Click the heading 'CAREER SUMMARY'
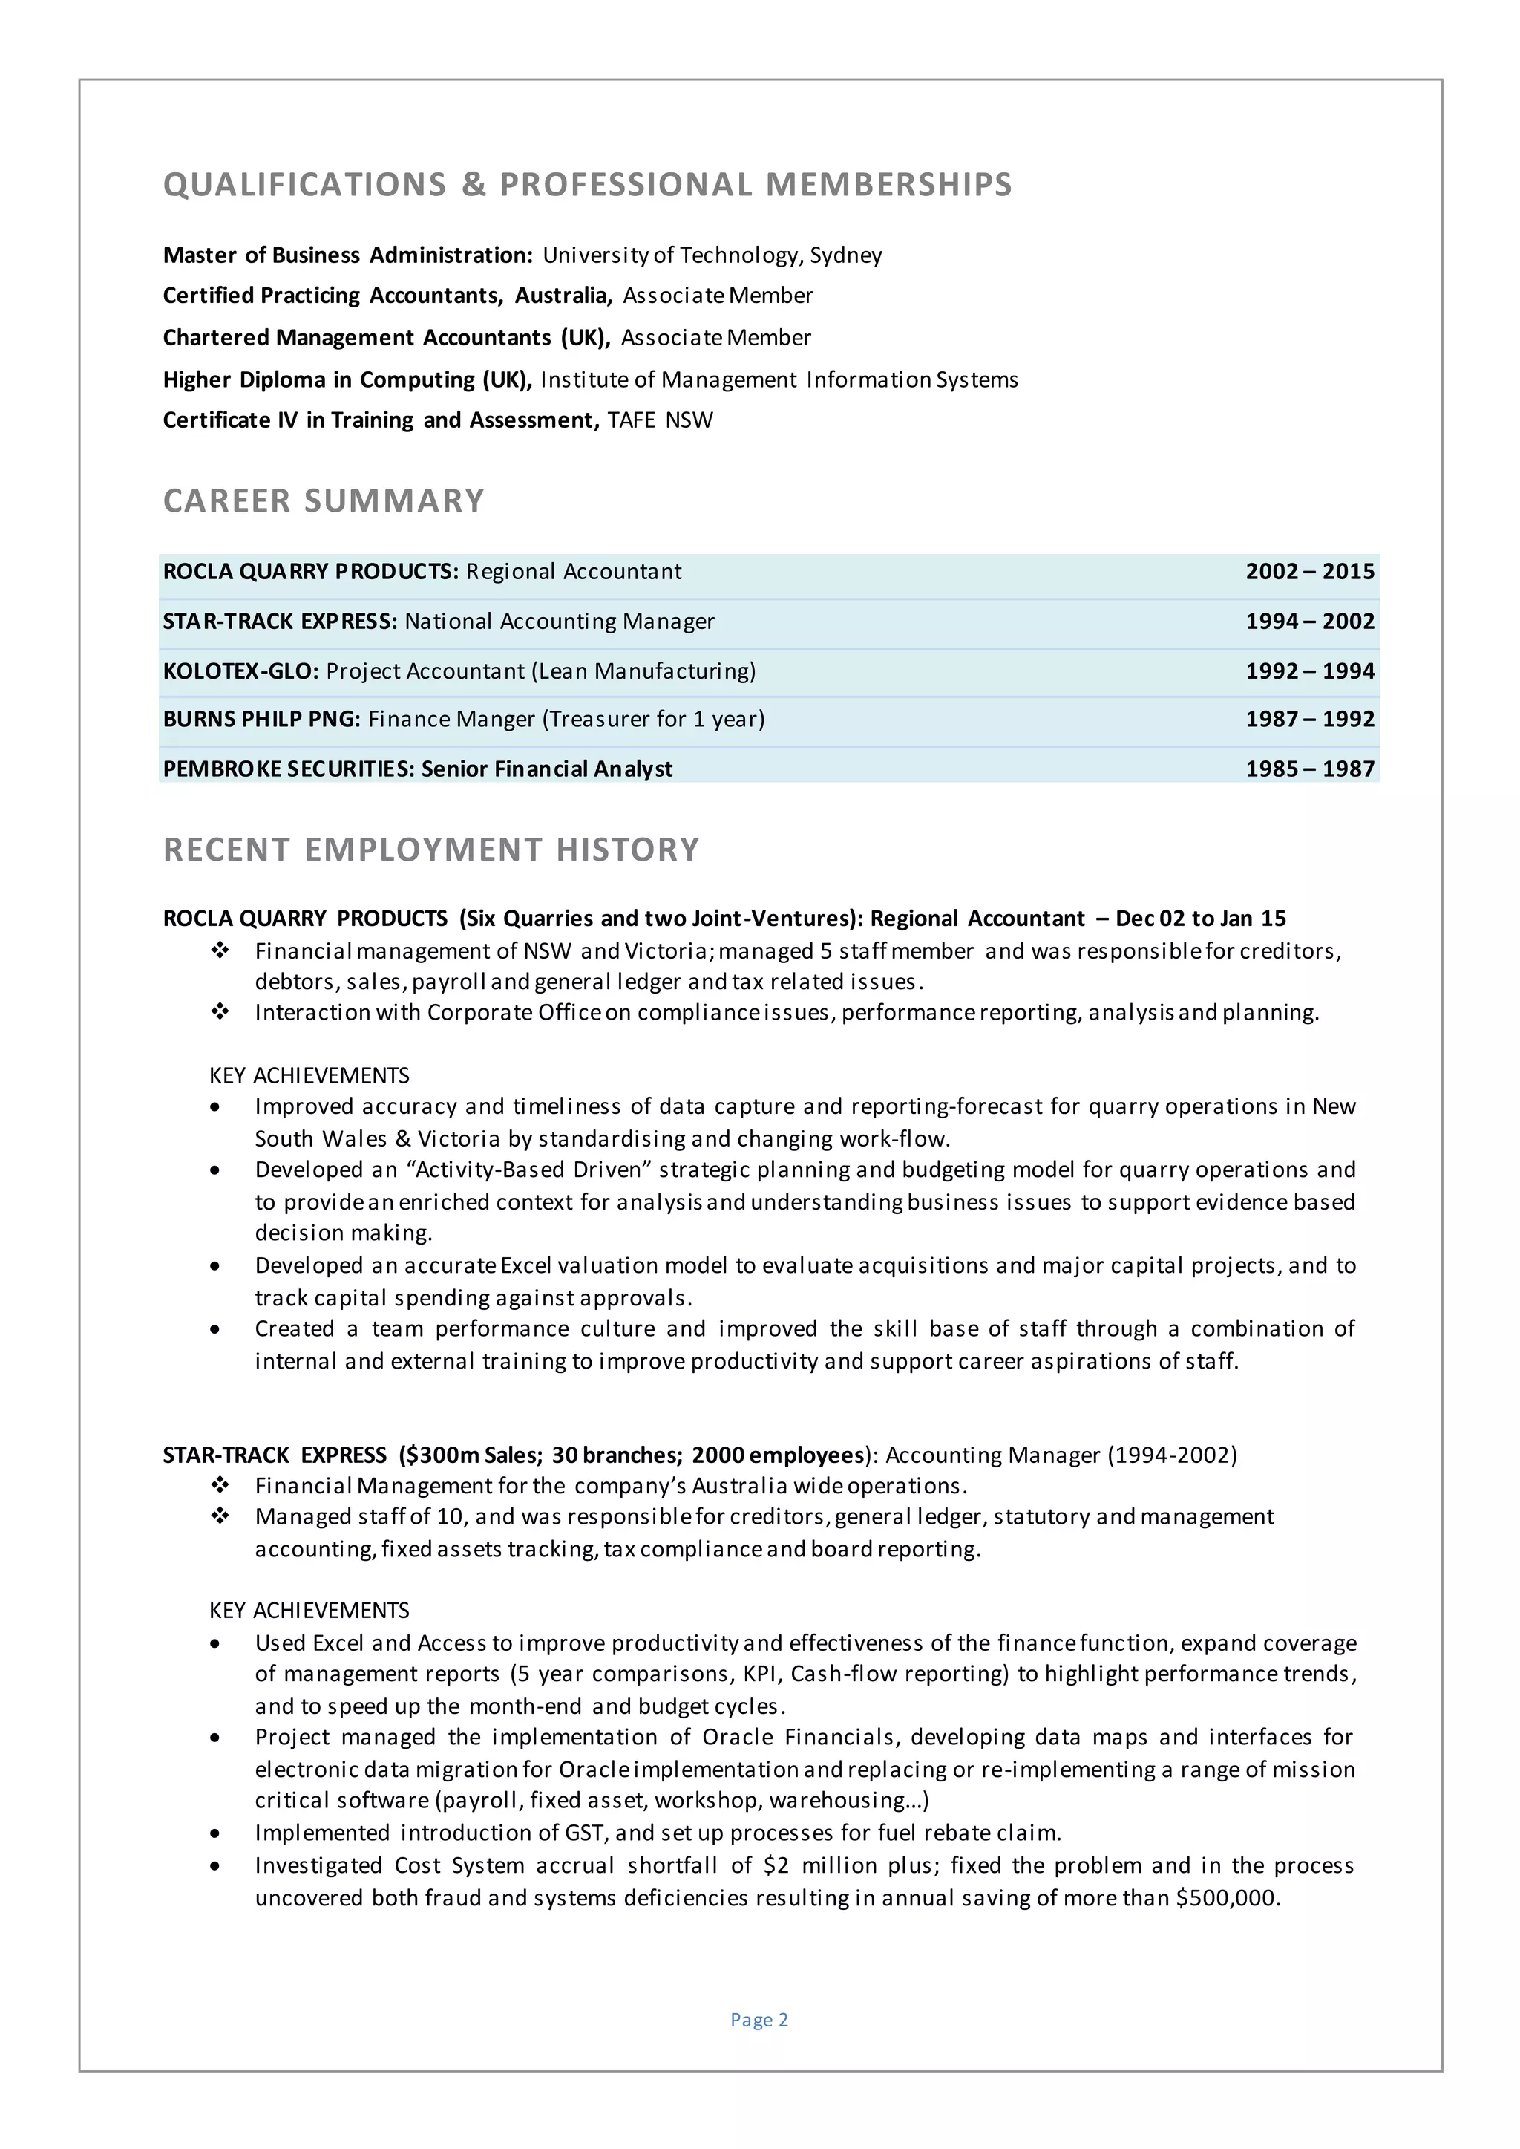point(324,501)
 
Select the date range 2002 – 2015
point(1309,572)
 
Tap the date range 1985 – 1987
point(1309,769)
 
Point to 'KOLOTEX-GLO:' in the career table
point(240,671)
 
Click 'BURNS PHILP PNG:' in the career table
point(261,719)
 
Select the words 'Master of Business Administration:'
point(347,255)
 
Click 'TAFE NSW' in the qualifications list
point(660,420)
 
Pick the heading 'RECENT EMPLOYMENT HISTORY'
point(430,850)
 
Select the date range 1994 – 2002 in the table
point(1309,622)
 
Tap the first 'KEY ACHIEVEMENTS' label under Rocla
point(309,1075)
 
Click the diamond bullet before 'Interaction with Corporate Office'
point(220,1012)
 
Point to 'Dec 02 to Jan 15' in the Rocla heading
point(1200,919)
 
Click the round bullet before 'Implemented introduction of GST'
point(216,1833)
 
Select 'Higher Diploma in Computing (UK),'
point(347,380)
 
